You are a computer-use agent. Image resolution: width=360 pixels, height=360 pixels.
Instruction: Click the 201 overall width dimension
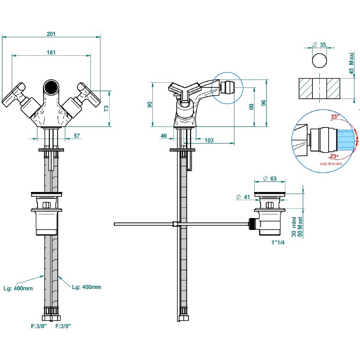click(x=51, y=34)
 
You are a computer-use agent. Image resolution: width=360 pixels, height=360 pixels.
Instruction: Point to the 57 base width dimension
click(x=76, y=135)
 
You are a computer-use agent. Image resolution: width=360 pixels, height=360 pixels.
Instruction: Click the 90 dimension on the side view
click(x=150, y=105)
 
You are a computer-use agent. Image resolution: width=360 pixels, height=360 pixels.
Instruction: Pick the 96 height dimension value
click(x=264, y=103)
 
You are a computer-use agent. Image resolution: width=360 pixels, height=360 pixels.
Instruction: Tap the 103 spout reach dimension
click(x=209, y=141)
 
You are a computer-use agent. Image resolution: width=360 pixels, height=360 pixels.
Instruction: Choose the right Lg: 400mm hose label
click(x=87, y=287)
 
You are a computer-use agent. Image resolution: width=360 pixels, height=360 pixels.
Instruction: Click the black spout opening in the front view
click(x=51, y=87)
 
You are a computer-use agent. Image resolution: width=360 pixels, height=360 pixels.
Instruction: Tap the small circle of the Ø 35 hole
click(x=319, y=61)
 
